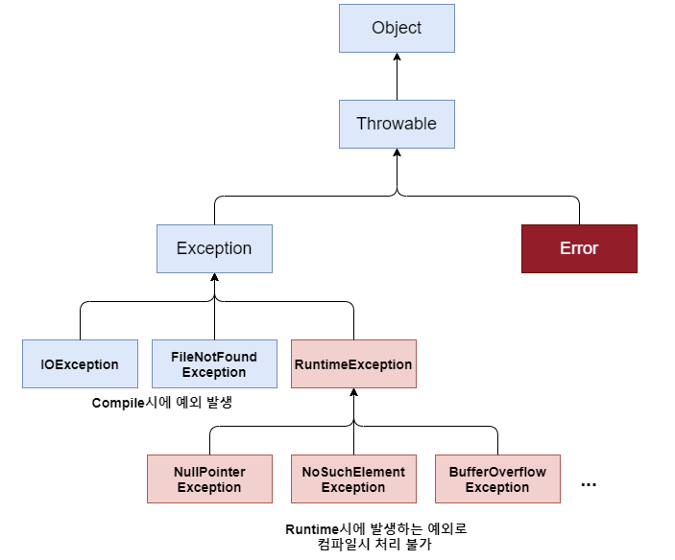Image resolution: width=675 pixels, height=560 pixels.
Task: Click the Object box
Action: [397, 28]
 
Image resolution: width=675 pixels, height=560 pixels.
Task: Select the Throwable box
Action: [397, 124]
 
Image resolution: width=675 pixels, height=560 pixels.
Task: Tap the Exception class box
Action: [214, 248]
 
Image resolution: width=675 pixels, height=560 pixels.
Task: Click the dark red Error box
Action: [579, 248]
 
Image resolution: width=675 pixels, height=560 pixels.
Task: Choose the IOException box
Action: [80, 364]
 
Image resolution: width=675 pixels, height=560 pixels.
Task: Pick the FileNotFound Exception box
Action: [214, 364]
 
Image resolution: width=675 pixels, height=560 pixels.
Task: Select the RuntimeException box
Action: [353, 364]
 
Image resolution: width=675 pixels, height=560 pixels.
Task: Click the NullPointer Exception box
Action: [209, 478]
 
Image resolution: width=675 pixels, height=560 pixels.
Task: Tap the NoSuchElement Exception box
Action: [353, 478]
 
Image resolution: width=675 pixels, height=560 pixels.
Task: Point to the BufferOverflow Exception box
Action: [497, 478]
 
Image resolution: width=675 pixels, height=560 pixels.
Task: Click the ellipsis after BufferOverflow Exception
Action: [589, 484]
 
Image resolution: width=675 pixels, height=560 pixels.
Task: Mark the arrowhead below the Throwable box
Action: [397, 153]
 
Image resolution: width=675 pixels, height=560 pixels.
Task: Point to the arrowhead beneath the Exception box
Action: [214, 278]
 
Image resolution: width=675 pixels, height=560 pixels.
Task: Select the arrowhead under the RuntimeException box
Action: [353, 393]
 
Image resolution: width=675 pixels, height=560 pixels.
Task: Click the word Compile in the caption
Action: [117, 404]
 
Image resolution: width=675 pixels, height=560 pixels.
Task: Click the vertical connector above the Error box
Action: [579, 211]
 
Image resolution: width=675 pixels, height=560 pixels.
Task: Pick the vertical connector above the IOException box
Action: [80, 321]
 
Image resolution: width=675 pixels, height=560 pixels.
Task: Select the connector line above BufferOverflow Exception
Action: [497, 441]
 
